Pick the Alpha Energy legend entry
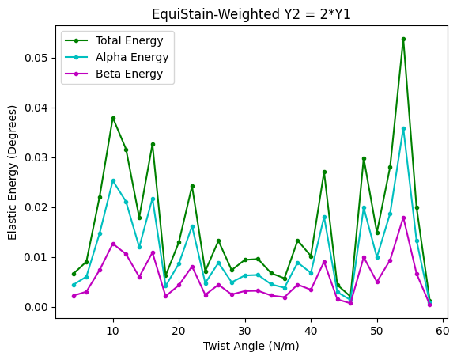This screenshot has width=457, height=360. tap(129, 57)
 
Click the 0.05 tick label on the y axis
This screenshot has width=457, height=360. tap(35, 58)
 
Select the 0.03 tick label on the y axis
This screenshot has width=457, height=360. tap(35, 157)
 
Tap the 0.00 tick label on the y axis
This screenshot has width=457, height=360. tap(35, 307)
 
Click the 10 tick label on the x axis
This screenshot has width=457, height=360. tap(113, 329)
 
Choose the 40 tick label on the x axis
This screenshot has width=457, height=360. tap(311, 329)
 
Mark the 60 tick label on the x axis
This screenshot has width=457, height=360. tap(443, 329)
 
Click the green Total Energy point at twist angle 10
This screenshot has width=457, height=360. tap(113, 118)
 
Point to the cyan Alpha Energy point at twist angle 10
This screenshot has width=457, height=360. tap(113, 180)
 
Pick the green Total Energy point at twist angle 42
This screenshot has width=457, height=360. tap(324, 172)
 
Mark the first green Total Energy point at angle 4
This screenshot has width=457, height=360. tap(74, 274)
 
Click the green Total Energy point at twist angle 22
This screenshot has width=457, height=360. tap(192, 186)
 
